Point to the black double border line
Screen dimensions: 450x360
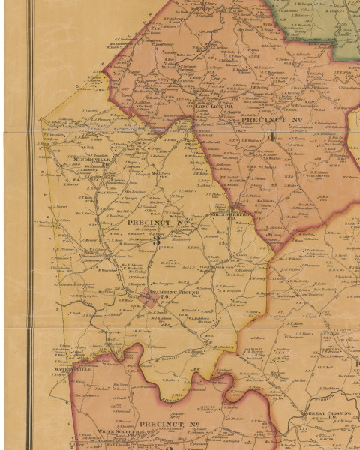click(x=31, y=225)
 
